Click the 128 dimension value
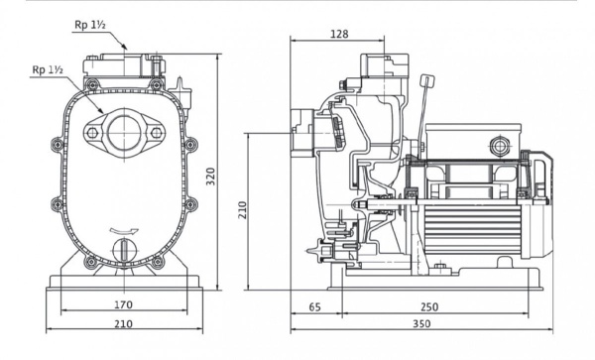[338, 34]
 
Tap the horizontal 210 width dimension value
[125, 323]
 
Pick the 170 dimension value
[125, 305]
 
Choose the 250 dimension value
[429, 308]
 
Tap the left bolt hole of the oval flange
[96, 132]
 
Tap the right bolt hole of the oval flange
[154, 132]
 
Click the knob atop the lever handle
[427, 81]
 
